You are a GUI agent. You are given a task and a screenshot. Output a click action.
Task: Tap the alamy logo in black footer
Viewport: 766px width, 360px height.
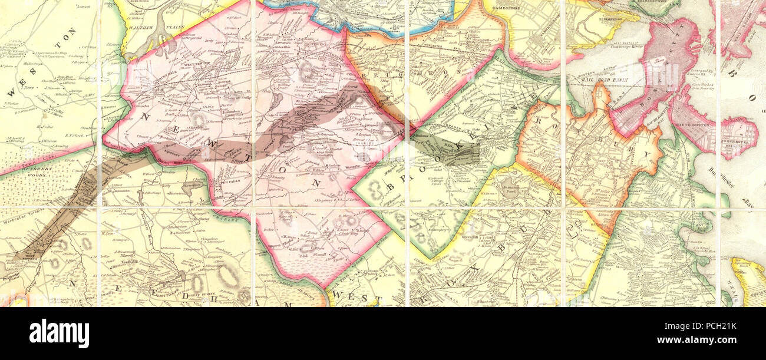59,333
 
